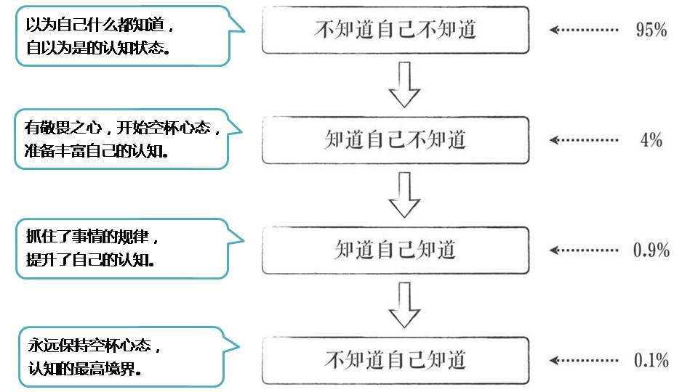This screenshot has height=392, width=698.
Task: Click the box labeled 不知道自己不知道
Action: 396,29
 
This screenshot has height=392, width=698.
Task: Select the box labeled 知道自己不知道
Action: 396,139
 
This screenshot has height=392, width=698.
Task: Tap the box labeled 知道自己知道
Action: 396,250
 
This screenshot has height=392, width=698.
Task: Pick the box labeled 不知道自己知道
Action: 396,360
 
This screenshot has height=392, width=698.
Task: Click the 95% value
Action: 651,30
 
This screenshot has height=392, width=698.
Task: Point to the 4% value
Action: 651,139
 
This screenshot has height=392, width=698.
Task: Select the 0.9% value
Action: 651,250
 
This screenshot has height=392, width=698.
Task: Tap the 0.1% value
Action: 651,360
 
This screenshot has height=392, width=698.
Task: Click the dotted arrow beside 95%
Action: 582,30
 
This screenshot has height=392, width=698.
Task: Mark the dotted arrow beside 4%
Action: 582,139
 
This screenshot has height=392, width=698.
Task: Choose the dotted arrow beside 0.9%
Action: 582,250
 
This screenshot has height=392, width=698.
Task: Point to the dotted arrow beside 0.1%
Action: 582,360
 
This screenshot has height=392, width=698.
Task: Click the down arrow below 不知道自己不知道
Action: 404,84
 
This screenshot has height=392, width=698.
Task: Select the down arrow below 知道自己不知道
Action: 404,195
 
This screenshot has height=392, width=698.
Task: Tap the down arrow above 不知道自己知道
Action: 404,305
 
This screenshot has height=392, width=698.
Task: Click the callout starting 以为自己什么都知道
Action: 124,36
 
